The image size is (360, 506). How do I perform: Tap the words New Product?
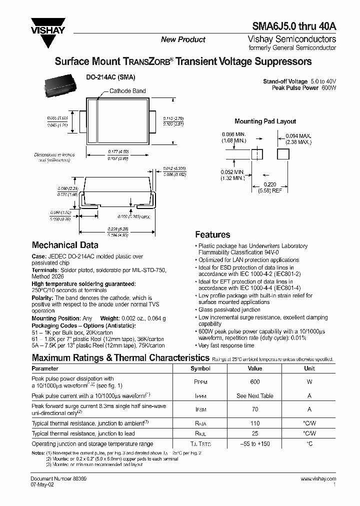coord(183,39)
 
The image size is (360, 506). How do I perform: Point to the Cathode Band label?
coord(127,91)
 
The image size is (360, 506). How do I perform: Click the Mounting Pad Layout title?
coord(265,121)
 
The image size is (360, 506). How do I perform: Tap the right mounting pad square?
coord(283,154)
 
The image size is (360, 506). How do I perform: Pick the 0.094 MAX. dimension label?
coord(298,135)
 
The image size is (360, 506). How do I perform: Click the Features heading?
coord(212,234)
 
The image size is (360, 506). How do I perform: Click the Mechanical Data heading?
coord(65,245)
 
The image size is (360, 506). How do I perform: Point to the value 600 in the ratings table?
coord(255,381)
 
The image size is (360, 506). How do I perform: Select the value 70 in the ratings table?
coord(255,408)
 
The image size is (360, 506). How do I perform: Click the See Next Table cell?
coord(255,395)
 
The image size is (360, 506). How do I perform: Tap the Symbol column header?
coord(200,368)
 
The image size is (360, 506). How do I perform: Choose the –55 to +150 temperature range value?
coord(255,443)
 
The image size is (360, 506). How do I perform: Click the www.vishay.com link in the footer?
coord(318,479)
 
